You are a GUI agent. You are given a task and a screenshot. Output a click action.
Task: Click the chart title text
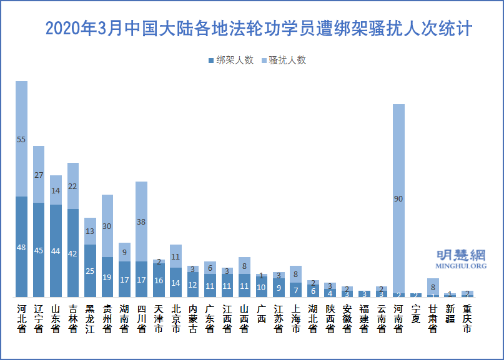(x=259, y=29)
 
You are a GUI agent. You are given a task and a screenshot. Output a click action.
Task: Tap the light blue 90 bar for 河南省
(x=398, y=198)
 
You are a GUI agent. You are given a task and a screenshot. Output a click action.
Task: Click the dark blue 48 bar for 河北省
(x=22, y=247)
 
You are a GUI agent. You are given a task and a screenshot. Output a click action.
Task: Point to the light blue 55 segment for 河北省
(x=22, y=139)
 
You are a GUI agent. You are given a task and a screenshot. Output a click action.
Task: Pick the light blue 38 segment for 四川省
(x=142, y=221)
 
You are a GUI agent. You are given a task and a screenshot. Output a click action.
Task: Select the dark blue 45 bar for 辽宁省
(x=39, y=250)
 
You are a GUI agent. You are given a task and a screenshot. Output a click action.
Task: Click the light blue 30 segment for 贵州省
(x=107, y=226)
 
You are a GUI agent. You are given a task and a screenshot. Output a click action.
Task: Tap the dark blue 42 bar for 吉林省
(x=73, y=253)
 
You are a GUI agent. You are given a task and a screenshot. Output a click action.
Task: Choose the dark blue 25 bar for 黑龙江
(x=91, y=271)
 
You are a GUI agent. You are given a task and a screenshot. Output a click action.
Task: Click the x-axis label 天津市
(x=159, y=319)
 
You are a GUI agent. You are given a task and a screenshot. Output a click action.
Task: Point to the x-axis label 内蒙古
(x=193, y=319)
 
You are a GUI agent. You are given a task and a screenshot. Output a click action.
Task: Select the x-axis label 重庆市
(x=467, y=319)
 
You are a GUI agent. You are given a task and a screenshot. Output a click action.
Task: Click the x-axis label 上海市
(x=295, y=319)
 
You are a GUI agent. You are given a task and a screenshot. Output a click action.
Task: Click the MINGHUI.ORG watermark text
(x=461, y=266)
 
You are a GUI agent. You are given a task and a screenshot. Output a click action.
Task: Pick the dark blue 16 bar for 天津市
(x=159, y=280)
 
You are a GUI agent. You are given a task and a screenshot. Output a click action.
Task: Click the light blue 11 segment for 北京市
(x=176, y=256)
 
